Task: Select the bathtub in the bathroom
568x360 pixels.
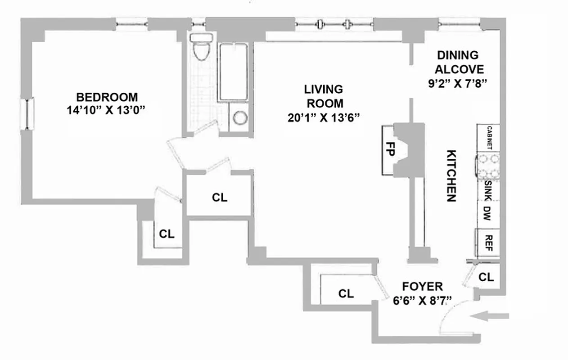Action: (233, 72)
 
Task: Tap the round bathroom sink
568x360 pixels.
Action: (240, 118)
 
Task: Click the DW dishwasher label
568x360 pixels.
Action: (488, 212)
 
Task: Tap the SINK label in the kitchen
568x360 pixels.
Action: (488, 189)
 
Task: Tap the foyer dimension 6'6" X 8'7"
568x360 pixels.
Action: (422, 300)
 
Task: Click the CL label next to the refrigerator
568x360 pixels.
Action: (486, 277)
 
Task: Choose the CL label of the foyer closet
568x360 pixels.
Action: (346, 294)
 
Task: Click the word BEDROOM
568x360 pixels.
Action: (107, 97)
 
